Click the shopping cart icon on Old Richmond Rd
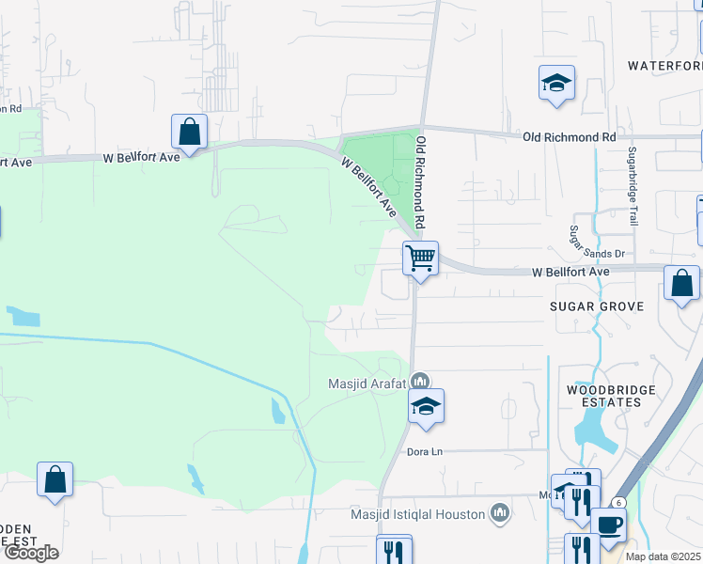(x=420, y=258)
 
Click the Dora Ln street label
(x=424, y=451)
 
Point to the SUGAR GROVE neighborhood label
(x=597, y=306)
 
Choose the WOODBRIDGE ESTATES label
(x=604, y=396)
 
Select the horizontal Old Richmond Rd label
(x=569, y=137)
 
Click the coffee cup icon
(x=608, y=524)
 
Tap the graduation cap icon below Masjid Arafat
(x=426, y=407)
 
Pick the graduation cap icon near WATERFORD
(x=556, y=83)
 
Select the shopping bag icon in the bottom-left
(x=55, y=479)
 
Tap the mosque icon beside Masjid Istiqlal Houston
(x=500, y=513)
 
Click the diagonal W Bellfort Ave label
(x=369, y=187)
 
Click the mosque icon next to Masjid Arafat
(x=420, y=382)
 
